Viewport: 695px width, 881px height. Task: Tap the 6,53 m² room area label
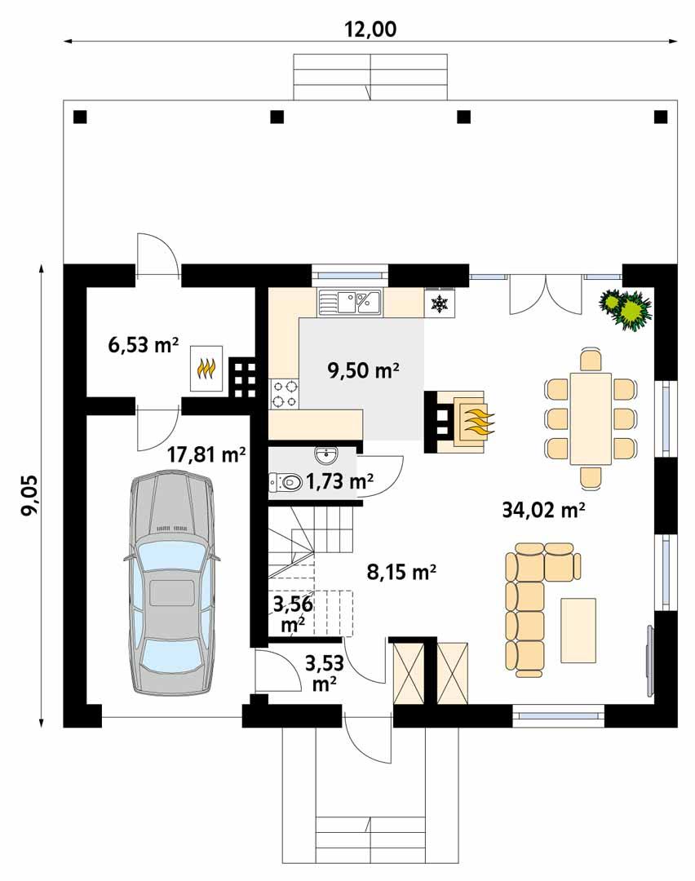(x=143, y=344)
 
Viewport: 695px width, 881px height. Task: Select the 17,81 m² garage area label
(x=206, y=454)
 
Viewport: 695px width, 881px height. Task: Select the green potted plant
(x=626, y=309)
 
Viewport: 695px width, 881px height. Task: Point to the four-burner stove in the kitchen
(x=283, y=394)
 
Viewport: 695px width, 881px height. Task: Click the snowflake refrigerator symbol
(x=440, y=304)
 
